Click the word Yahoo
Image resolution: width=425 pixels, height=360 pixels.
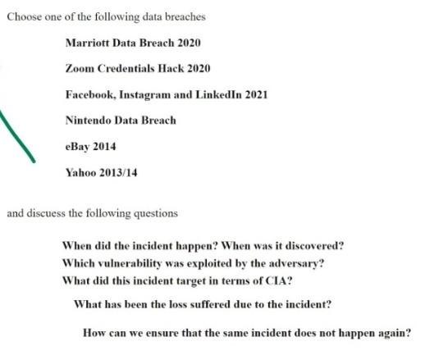(x=80, y=173)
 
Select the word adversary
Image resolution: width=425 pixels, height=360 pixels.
(x=292, y=262)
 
